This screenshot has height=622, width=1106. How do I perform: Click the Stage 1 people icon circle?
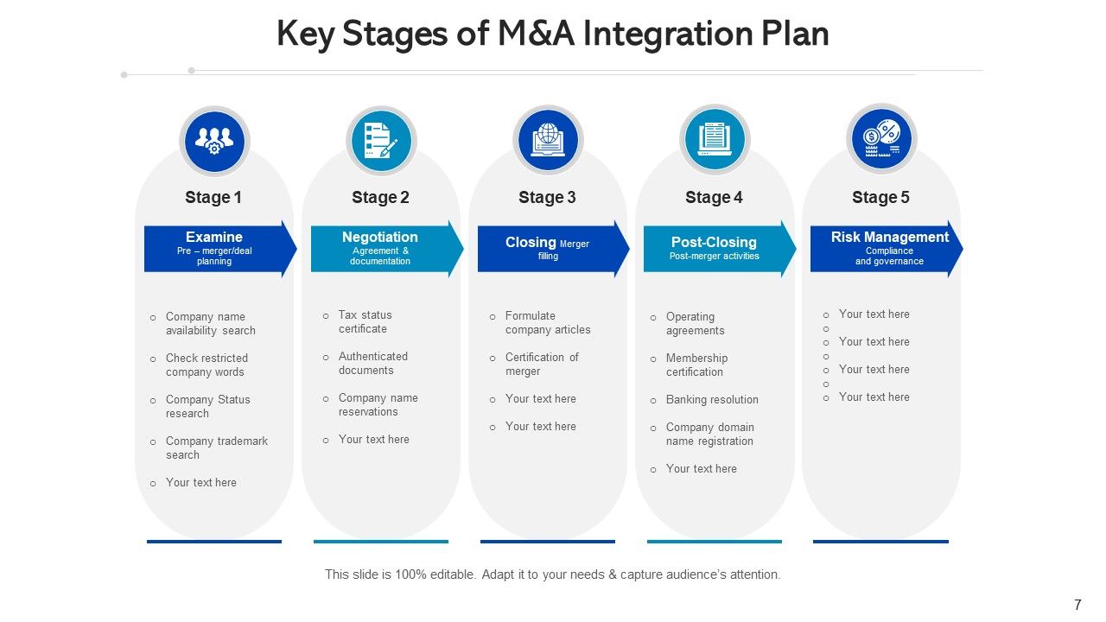(214, 141)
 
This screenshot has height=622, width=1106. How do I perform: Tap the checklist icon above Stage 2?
(381, 141)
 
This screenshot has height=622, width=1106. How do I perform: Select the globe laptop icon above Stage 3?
(548, 141)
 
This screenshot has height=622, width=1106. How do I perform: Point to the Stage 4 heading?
(714, 198)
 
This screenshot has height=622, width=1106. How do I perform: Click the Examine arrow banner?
(216, 248)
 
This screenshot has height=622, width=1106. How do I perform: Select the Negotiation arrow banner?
(383, 248)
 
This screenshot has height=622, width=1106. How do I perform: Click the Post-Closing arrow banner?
(715, 248)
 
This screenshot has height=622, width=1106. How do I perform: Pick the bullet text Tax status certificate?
(365, 322)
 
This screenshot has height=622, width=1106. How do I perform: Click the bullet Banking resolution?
(712, 400)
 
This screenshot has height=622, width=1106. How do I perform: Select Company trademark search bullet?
(216, 447)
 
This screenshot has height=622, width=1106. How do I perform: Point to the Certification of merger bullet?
(541, 364)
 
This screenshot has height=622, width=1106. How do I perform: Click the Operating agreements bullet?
(695, 324)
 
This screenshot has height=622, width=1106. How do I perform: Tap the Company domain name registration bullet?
(709, 435)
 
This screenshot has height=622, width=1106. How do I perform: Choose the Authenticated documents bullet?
(372, 363)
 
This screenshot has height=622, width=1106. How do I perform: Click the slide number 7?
(1077, 605)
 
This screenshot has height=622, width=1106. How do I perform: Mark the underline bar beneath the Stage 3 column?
(548, 542)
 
